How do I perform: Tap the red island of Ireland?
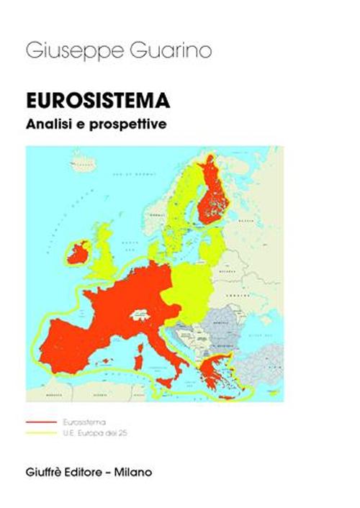[77, 251]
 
